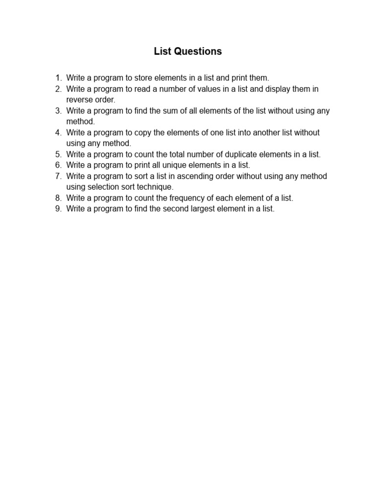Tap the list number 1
(58, 78)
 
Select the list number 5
(58, 154)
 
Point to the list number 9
(58, 209)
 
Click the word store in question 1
(145, 78)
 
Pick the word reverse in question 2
(80, 100)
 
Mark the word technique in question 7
(155, 187)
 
